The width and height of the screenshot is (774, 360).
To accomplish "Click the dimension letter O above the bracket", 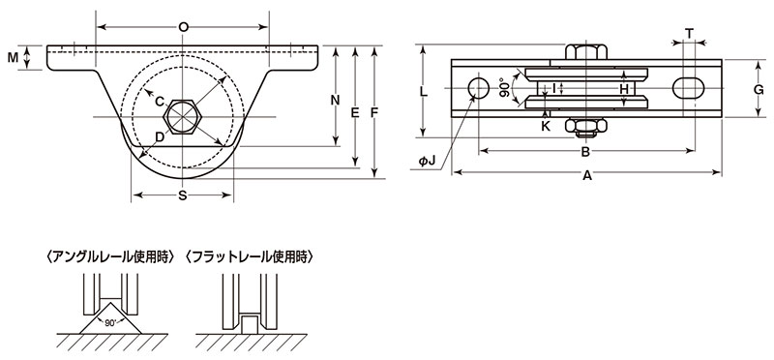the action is [183, 27].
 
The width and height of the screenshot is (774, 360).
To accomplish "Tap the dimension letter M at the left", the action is [13, 58].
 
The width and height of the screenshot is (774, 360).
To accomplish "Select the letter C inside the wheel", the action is [160, 102].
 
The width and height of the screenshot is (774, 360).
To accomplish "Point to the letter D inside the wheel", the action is [160, 136].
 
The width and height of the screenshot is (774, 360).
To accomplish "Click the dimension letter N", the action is [336, 101].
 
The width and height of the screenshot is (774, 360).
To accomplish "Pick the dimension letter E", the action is [354, 113].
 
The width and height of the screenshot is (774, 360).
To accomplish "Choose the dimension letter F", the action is [374, 113].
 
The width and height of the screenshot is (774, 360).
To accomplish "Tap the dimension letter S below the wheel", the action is [183, 195].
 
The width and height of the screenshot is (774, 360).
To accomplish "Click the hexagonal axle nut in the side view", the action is [182, 117].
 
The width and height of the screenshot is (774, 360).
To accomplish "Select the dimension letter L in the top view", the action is [423, 91].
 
